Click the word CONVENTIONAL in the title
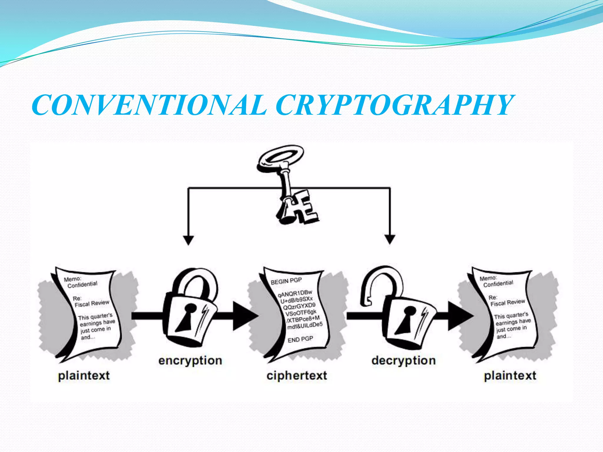149,105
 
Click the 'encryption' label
190,360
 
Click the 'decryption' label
403,360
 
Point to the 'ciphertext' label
297,376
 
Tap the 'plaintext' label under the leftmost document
84,376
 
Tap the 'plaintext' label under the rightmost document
510,376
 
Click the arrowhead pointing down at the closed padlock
188,240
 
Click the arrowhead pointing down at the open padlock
390,239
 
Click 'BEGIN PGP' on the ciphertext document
286,281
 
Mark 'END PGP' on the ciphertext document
300,339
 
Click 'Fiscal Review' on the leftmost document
92,303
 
